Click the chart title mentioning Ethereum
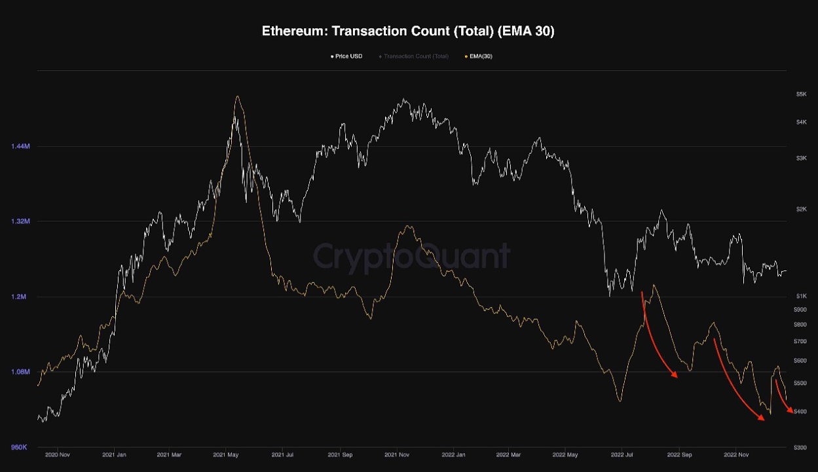408,31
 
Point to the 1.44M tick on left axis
21,146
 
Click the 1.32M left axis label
21,221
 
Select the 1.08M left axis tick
21,372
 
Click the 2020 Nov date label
58,454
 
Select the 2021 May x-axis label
225,454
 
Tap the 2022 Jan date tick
453,454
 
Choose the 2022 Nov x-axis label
736,454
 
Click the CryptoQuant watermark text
411,255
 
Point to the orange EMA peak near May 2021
237,97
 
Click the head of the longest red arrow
764,420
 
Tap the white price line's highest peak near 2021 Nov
405,100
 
